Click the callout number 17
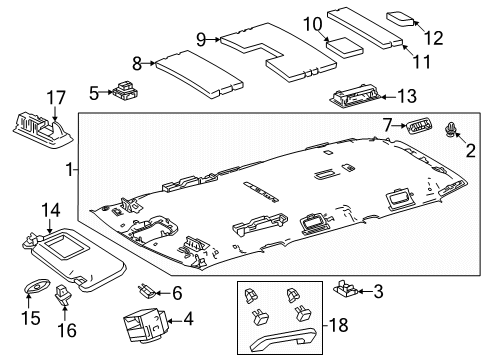[x=55, y=97]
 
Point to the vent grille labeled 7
[x=417, y=126]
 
